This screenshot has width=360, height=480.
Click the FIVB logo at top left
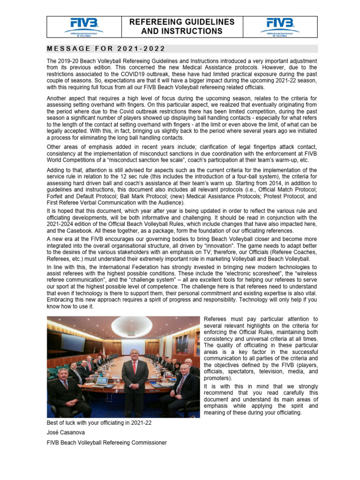click(x=84, y=26)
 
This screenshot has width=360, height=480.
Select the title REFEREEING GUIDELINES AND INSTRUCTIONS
click(x=182, y=27)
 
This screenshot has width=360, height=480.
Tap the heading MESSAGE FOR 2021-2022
click(x=106, y=49)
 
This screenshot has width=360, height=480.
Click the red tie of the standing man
click(x=135, y=369)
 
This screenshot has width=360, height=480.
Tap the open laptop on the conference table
click(x=101, y=381)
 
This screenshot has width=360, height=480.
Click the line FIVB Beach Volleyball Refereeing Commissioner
click(x=106, y=442)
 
